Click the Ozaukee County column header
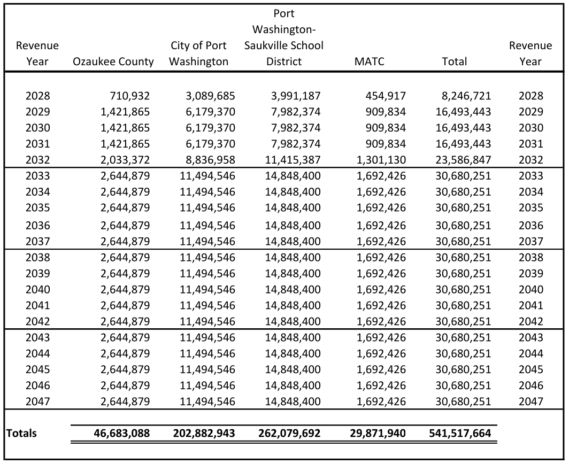pyautogui.click(x=113, y=61)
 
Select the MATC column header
pyautogui.click(x=369, y=61)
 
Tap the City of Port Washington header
pyautogui.click(x=198, y=53)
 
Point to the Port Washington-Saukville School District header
pyautogui.click(x=284, y=37)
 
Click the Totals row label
pyautogui.click(x=22, y=433)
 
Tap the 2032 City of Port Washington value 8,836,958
pyautogui.click(x=207, y=160)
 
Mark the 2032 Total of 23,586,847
pyautogui.click(x=459, y=160)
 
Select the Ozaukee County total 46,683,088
pyautogui.click(x=117, y=433)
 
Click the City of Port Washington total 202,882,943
pyautogui.click(x=204, y=433)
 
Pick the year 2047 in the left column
pyautogui.click(x=37, y=402)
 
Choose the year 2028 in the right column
pyautogui.click(x=530, y=96)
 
